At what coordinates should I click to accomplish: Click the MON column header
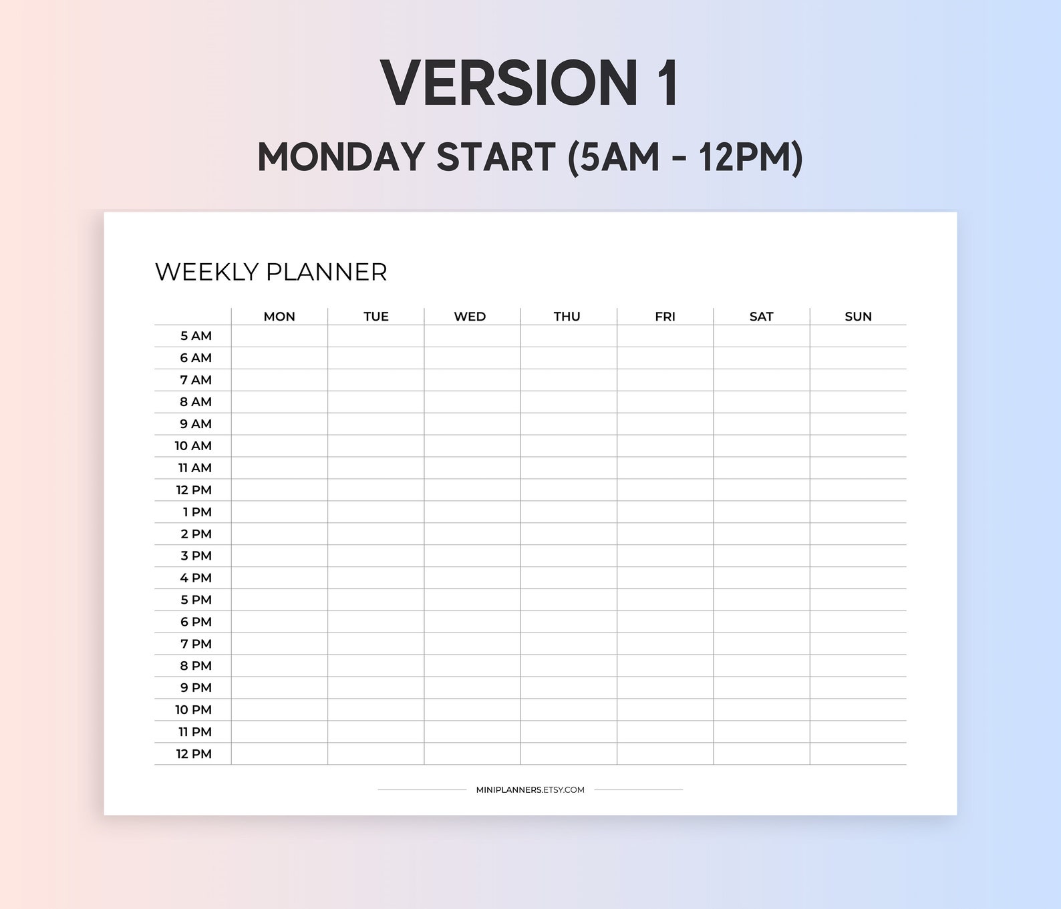(279, 317)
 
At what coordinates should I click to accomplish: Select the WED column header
(470, 317)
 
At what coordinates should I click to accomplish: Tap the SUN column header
(858, 317)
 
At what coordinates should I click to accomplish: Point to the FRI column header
(665, 317)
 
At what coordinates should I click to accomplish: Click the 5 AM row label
(196, 336)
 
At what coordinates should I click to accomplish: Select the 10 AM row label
(193, 446)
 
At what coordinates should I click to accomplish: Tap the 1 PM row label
(197, 512)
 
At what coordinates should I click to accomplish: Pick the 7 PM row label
(196, 644)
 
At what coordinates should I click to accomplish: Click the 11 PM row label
(194, 732)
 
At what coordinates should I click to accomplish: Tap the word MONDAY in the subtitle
(341, 158)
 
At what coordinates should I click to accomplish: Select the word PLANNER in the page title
(327, 272)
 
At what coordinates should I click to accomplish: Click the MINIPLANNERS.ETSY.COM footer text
(530, 790)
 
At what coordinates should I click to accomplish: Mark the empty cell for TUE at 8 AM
(375, 402)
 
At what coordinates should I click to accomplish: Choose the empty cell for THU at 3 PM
(569, 556)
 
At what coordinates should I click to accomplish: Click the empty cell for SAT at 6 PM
(762, 622)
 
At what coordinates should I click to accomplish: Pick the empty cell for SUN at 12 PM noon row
(858, 490)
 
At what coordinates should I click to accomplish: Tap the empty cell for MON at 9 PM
(279, 688)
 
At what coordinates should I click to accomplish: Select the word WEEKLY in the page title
(206, 272)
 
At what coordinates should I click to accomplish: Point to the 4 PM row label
(196, 578)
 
